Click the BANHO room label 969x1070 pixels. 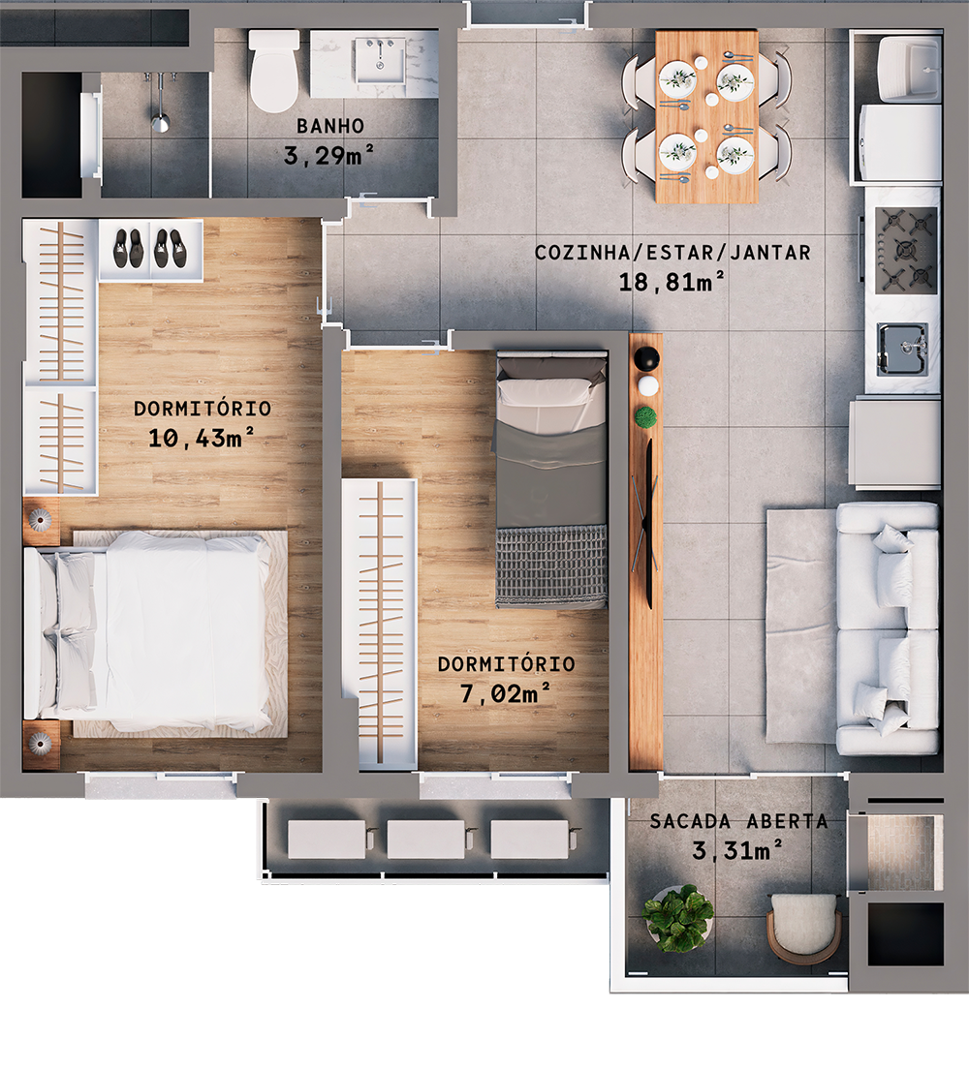330,126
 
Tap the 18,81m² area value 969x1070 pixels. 672,282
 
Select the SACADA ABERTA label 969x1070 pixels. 738,822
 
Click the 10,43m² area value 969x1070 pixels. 203,438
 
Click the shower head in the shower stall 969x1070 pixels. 160,121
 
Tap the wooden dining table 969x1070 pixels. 706,117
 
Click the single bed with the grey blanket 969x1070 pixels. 551,479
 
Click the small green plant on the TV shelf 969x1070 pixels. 644,417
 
